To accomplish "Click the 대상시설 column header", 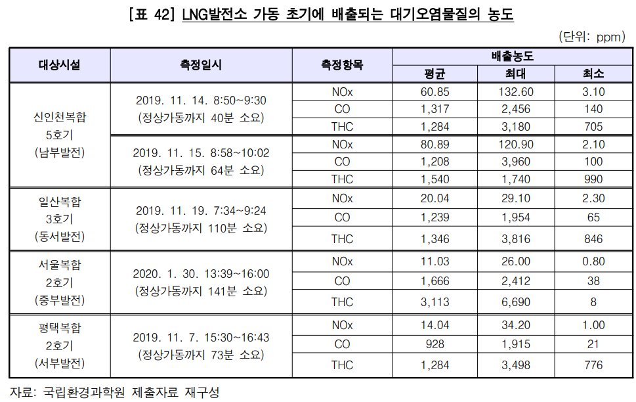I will coord(60,64).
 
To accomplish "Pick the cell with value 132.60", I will coord(516,91).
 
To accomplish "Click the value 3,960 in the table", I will coord(516,161).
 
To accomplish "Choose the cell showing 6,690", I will coord(516,301).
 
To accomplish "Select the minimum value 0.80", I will coord(593,261).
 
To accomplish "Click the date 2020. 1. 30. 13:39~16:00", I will coord(201,273).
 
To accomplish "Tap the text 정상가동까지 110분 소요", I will coord(201,228).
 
